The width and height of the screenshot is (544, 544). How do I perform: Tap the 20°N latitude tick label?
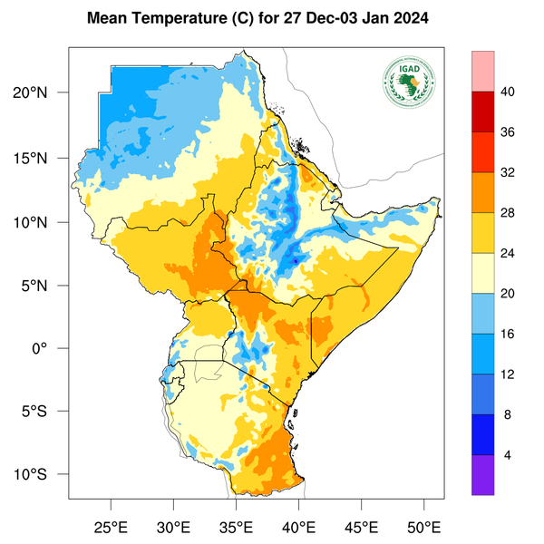point(42,93)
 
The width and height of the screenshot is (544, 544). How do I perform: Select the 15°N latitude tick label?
point(42,158)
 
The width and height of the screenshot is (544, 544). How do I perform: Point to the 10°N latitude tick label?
point(42,222)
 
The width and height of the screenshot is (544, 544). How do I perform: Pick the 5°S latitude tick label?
point(45,412)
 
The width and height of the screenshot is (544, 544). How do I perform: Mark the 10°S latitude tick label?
point(42,475)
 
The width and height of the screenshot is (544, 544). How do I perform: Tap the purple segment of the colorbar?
point(482,475)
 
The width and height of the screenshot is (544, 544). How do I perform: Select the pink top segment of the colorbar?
point(482,71)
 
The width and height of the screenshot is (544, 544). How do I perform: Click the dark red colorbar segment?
point(482,112)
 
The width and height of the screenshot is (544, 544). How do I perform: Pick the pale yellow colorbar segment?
point(482,273)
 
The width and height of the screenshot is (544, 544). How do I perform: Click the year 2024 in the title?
point(411,18)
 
